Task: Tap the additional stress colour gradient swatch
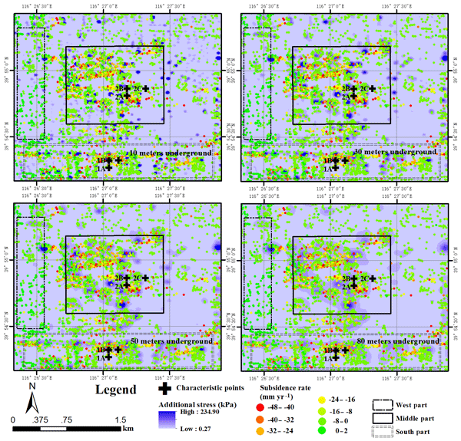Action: [168, 419]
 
